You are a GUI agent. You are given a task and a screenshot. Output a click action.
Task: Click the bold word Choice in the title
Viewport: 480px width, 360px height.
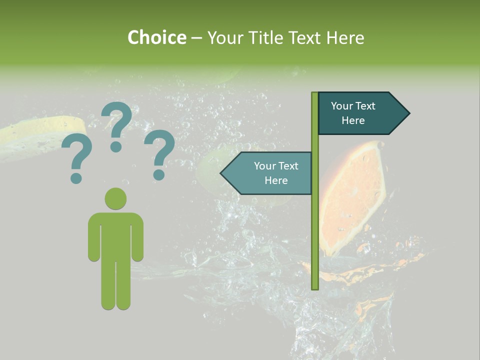(x=156, y=37)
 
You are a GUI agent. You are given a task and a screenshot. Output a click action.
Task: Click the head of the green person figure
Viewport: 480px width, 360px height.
(x=115, y=198)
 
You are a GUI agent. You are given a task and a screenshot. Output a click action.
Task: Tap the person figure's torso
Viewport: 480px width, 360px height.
(x=115, y=235)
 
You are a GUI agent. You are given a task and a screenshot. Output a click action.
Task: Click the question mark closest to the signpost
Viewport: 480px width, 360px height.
(x=159, y=154)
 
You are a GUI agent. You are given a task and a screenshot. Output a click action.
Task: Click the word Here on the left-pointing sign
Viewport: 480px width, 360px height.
(x=276, y=180)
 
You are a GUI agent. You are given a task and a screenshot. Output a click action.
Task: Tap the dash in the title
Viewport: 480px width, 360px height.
(x=196, y=38)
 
